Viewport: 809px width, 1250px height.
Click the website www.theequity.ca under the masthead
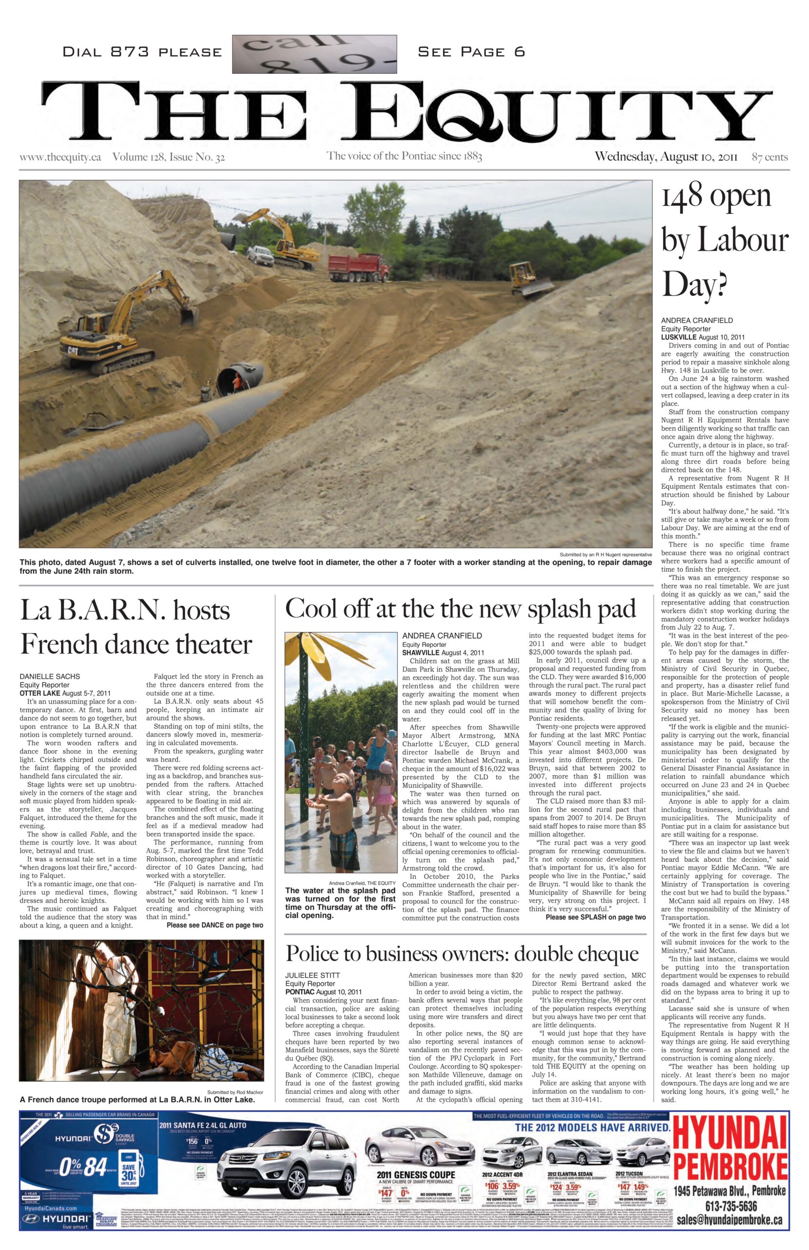click(61, 157)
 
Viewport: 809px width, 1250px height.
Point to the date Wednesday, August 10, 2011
click(666, 157)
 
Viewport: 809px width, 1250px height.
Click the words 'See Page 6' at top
click(471, 52)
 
